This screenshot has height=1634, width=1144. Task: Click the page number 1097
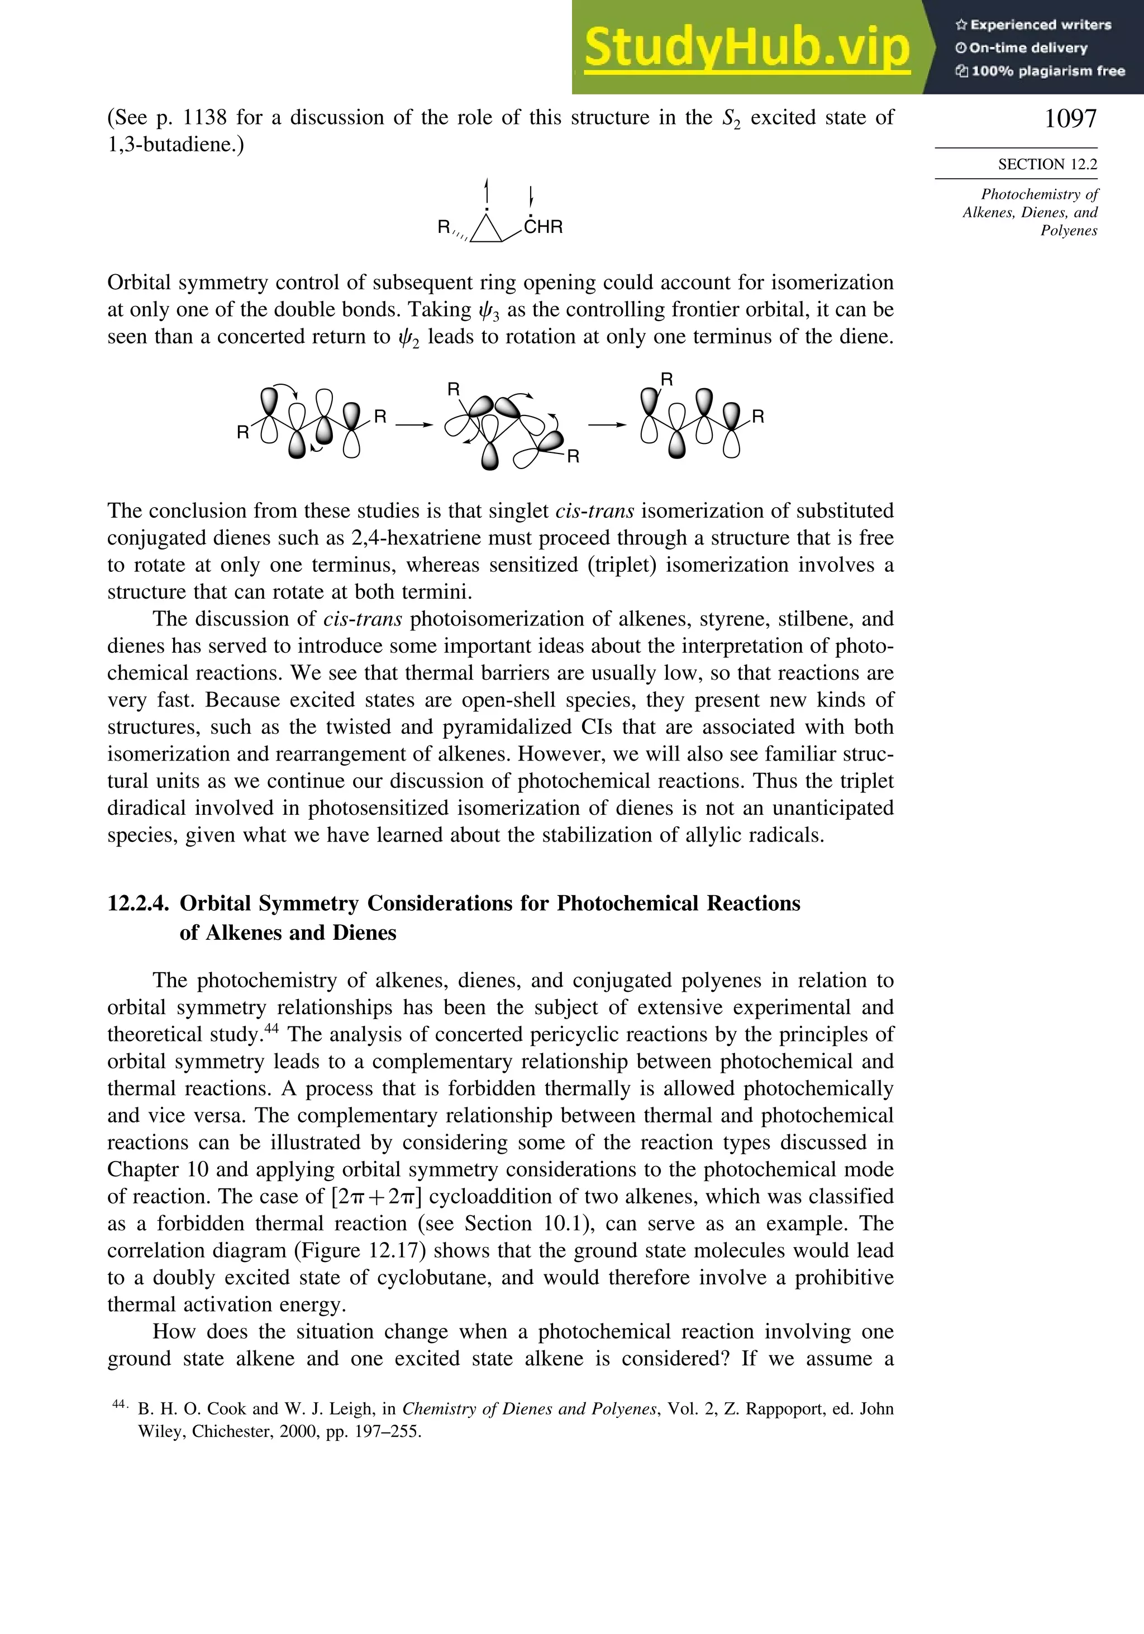[x=1070, y=118]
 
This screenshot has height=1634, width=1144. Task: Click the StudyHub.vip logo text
[x=747, y=49]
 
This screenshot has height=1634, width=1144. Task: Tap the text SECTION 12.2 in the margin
[x=1047, y=164]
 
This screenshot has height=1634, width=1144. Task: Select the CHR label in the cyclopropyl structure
[x=543, y=227]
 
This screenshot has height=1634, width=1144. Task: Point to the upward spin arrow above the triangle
[x=487, y=192]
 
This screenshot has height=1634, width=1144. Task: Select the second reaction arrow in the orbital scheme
[x=607, y=425]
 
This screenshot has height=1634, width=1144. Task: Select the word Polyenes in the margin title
[x=1069, y=231]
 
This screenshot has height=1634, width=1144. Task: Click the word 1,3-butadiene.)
[x=175, y=145]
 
